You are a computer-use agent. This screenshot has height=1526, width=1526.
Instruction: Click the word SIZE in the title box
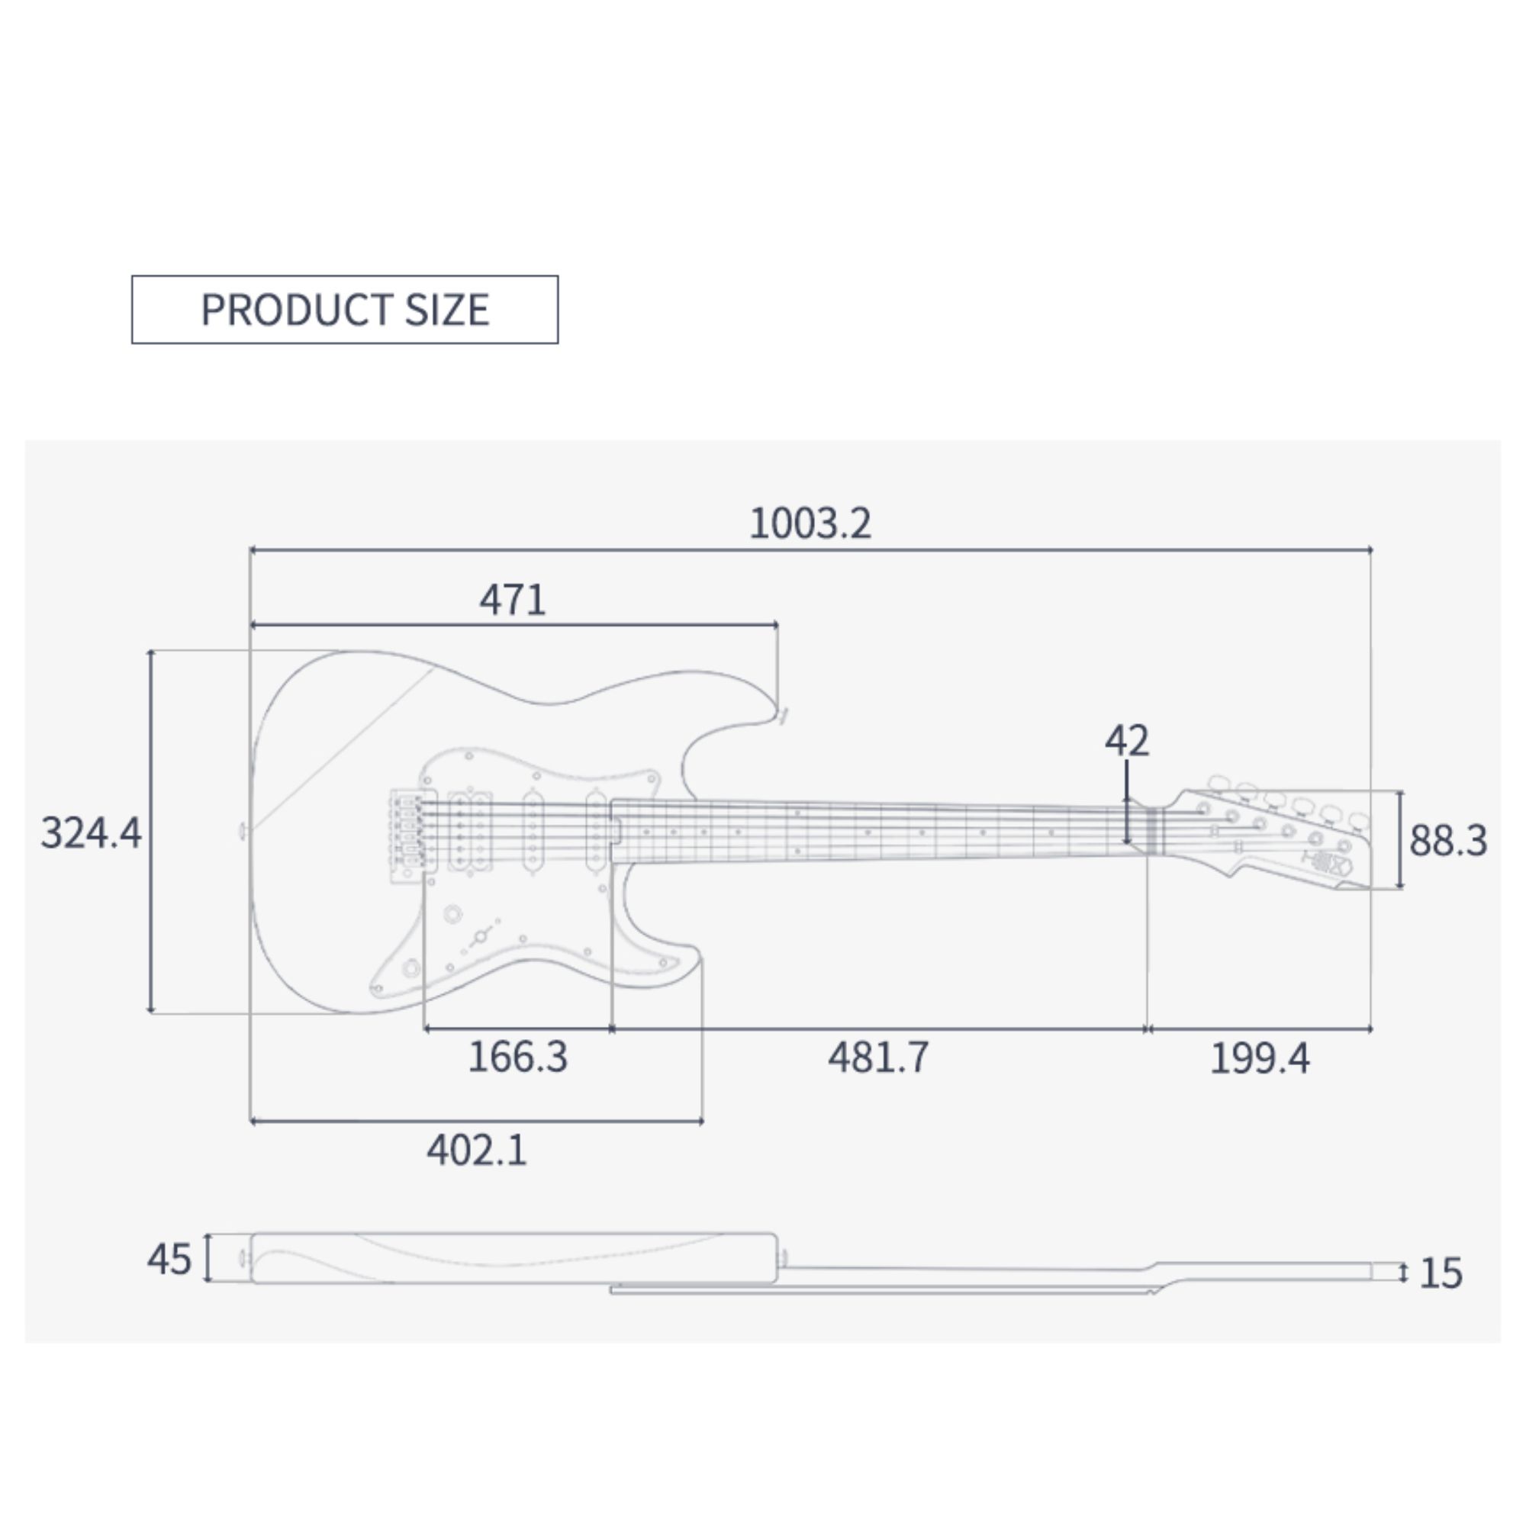tap(446, 310)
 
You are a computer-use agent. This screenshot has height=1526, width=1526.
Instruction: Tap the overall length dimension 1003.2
tap(810, 523)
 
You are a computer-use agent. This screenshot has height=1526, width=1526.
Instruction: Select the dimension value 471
tap(512, 600)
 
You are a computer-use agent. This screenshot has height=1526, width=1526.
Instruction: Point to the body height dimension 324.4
tap(91, 832)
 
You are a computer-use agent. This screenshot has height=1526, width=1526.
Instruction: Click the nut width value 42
tap(1126, 741)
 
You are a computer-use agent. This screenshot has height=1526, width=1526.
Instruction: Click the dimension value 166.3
tap(517, 1057)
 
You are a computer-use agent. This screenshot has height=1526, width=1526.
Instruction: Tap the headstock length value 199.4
tap(1259, 1058)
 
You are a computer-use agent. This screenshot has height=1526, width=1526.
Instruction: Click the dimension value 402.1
tap(476, 1150)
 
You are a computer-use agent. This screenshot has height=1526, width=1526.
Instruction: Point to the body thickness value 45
tap(169, 1259)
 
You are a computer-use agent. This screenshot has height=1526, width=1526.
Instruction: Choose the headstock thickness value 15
tap(1440, 1273)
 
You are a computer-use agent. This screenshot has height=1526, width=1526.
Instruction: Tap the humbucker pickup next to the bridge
tap(470, 832)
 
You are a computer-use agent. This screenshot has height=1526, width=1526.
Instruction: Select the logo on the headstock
tap(1334, 865)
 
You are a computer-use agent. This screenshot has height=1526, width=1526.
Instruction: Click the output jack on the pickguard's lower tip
tap(410, 968)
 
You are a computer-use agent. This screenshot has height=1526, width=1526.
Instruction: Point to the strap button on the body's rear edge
tap(243, 831)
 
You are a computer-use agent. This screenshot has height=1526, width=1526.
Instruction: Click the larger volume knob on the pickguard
tap(452, 915)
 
